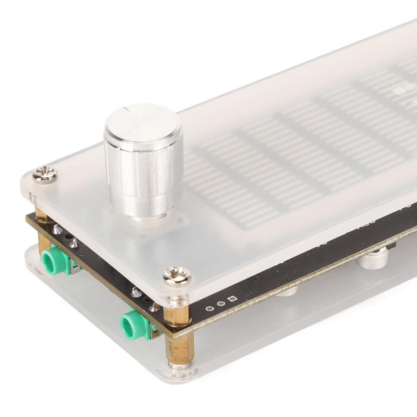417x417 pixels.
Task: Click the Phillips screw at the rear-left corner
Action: click(45, 174)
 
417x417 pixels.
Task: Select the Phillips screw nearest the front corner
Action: click(177, 277)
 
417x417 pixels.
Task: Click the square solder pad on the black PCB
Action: click(232, 300)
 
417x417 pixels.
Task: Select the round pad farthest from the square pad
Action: click(209, 308)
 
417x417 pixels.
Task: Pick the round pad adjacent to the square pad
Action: click(221, 304)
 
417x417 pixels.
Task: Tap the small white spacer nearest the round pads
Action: click(287, 291)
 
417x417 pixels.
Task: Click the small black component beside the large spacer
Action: click(391, 246)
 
